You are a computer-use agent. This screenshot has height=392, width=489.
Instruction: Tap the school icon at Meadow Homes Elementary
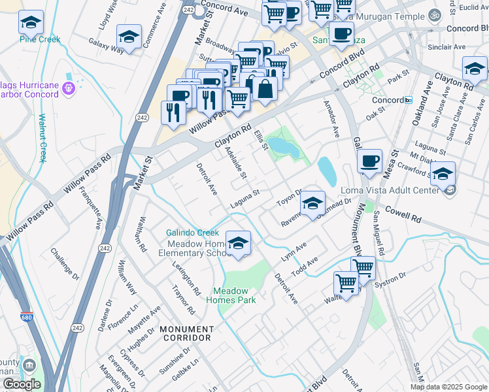click(238, 243)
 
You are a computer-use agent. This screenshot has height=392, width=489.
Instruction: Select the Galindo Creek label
click(192, 233)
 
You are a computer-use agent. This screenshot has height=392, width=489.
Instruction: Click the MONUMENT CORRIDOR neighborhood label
click(186, 333)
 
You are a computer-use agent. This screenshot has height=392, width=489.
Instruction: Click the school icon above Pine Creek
click(31, 24)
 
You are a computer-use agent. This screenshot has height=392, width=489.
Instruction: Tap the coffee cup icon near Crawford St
click(369, 161)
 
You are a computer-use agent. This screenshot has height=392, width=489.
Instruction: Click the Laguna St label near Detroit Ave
click(245, 199)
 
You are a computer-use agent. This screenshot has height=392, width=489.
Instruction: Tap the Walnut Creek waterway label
click(42, 138)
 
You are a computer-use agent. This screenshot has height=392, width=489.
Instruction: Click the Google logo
click(22, 384)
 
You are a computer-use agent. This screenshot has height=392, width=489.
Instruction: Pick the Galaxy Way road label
click(108, 49)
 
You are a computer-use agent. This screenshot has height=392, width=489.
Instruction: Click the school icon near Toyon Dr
click(313, 204)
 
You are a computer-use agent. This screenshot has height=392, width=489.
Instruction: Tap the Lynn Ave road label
click(294, 252)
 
